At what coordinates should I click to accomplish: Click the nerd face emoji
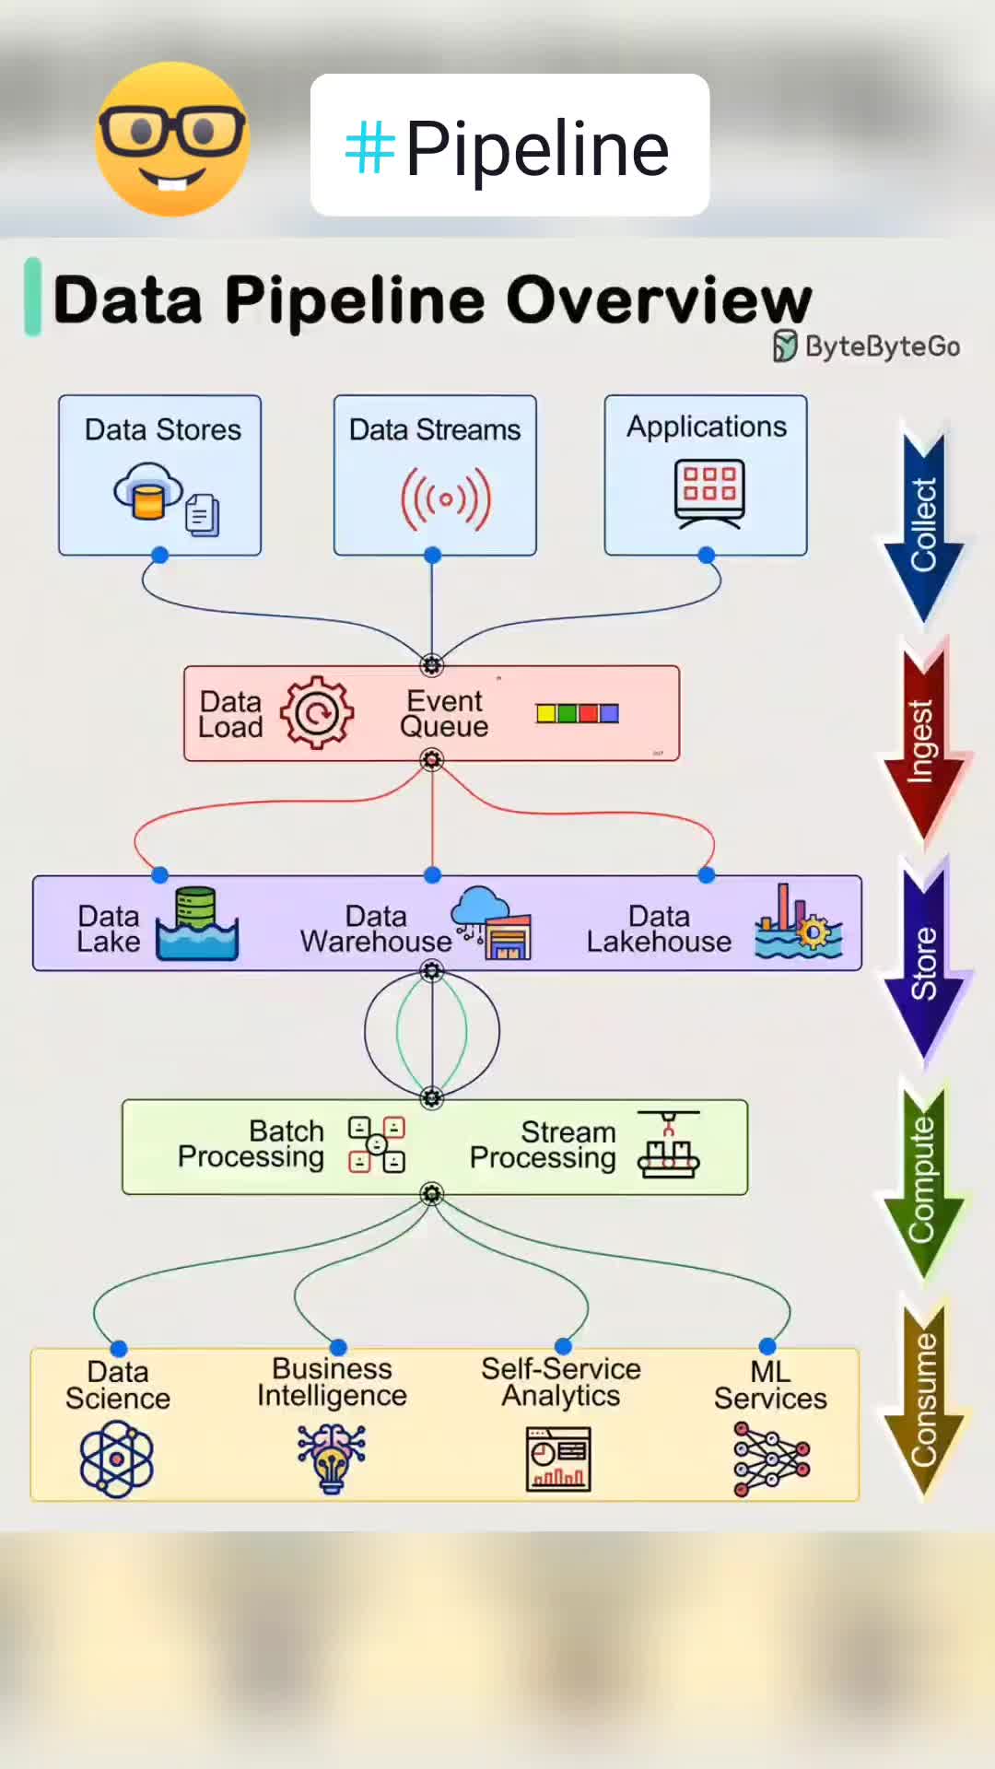172,139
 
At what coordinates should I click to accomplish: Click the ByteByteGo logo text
867,346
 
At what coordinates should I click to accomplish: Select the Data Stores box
160,474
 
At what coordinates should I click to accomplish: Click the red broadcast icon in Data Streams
446,499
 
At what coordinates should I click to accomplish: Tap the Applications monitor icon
708,495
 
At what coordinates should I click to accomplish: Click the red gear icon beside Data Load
317,712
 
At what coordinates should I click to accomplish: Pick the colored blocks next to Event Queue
577,713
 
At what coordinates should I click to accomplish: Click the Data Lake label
109,928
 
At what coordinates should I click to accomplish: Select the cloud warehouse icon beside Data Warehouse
492,923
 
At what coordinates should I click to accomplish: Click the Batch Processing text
251,1143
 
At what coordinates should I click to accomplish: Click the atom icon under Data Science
117,1458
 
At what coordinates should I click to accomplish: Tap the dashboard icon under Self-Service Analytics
558,1459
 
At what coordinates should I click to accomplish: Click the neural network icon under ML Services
771,1459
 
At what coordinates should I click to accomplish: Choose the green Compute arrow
923,1179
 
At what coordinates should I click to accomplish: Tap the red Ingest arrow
923,742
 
